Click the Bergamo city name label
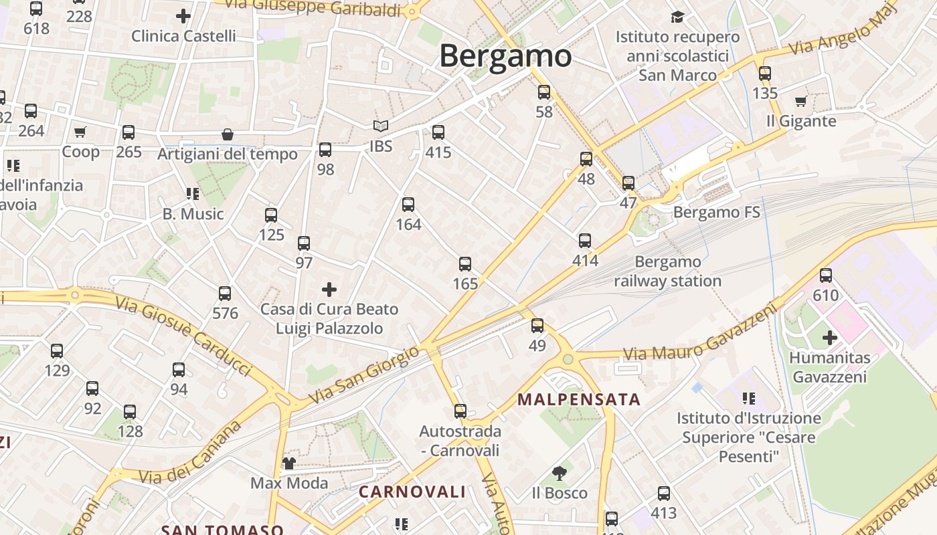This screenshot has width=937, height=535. pyautogui.click(x=505, y=56)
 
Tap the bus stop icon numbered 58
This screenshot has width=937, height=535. pyautogui.click(x=544, y=92)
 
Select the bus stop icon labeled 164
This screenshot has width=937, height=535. pyautogui.click(x=408, y=205)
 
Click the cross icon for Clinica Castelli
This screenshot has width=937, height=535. pyautogui.click(x=183, y=15)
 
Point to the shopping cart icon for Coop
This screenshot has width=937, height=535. pyautogui.click(x=80, y=132)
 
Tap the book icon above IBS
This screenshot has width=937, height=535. pyautogui.click(x=380, y=126)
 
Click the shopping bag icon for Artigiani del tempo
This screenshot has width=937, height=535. pyautogui.click(x=228, y=135)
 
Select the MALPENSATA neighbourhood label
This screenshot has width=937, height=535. pyautogui.click(x=579, y=400)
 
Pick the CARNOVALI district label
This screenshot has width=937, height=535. pyautogui.click(x=412, y=492)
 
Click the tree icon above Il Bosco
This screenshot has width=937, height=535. pyautogui.click(x=559, y=473)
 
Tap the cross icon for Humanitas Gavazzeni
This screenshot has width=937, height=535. pyautogui.click(x=830, y=338)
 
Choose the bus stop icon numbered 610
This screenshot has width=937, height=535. pyautogui.click(x=826, y=275)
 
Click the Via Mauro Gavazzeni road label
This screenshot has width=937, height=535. pyautogui.click(x=701, y=332)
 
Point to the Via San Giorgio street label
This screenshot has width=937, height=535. pyautogui.click(x=364, y=375)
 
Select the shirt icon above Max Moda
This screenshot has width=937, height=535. pyautogui.click(x=288, y=463)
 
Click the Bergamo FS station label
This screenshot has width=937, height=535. pyautogui.click(x=717, y=213)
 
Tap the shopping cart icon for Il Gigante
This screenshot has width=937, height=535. pyautogui.click(x=800, y=102)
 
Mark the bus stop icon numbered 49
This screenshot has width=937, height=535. pyautogui.click(x=537, y=326)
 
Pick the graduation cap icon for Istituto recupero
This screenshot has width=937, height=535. pyautogui.click(x=678, y=17)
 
